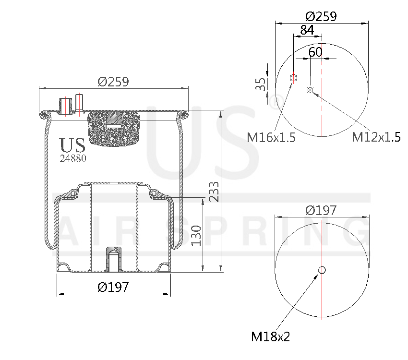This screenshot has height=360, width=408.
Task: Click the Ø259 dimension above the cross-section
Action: (x=113, y=82)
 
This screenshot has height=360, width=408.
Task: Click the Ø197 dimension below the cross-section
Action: (x=113, y=287)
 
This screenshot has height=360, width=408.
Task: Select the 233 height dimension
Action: (x=215, y=191)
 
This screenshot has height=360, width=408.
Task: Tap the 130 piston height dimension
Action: (x=196, y=235)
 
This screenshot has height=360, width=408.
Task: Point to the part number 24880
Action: (x=73, y=158)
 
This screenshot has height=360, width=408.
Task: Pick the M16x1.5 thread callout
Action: (x=271, y=138)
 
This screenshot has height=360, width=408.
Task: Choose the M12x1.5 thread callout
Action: (x=376, y=138)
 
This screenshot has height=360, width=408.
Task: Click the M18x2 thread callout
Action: (x=271, y=336)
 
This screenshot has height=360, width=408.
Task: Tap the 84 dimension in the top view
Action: (x=307, y=30)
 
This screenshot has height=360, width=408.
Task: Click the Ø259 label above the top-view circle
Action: (x=321, y=16)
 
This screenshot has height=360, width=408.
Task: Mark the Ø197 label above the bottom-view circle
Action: (x=321, y=210)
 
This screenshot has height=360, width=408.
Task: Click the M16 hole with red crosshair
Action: (x=293, y=78)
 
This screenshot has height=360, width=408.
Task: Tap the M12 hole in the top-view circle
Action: (x=310, y=90)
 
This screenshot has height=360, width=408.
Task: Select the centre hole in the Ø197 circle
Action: (x=322, y=270)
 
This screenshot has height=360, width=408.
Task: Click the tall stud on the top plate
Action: (x=79, y=103)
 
